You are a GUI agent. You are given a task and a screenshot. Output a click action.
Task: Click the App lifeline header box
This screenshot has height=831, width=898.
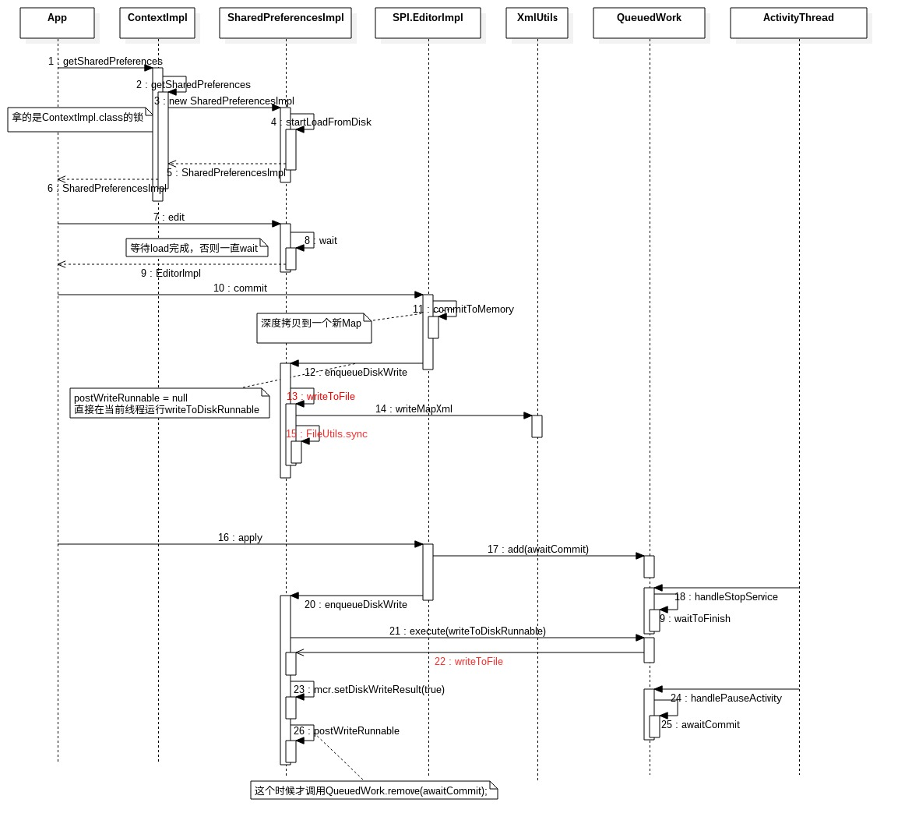58,23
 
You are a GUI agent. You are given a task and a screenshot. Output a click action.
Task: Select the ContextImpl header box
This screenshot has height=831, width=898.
157,23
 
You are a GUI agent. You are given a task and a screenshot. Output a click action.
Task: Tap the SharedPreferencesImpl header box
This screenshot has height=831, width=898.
285,23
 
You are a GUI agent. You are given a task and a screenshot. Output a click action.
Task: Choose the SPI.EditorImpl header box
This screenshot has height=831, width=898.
428,23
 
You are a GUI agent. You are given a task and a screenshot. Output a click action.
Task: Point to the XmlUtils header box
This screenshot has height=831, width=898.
537,23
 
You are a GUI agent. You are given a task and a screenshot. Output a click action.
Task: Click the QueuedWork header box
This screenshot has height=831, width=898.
649,23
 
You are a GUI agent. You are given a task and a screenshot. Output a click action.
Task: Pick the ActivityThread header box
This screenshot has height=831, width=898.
798,23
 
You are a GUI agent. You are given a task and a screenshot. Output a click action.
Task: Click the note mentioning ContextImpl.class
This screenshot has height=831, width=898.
80,119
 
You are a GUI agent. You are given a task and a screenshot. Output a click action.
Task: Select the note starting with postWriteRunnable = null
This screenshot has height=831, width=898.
170,404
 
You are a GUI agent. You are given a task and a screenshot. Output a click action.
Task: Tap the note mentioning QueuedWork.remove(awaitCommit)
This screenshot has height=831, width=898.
374,790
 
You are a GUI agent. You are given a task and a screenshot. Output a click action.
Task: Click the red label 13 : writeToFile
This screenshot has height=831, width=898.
321,397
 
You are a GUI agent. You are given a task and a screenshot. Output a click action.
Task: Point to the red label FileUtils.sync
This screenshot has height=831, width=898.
336,434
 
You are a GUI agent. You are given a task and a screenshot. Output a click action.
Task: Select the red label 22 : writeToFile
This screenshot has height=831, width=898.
469,661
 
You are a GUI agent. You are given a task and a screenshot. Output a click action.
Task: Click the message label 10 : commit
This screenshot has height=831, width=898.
240,288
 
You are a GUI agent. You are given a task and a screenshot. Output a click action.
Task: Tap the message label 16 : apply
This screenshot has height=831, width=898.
240,538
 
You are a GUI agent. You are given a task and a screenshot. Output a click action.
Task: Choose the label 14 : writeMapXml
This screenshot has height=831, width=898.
414,408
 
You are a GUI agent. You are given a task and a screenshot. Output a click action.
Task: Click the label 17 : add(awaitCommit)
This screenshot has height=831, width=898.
537,549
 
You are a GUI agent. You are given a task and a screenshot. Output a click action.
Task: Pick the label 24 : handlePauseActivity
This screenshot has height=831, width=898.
726,698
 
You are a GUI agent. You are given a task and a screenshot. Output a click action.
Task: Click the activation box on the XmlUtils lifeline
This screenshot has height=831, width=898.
537,426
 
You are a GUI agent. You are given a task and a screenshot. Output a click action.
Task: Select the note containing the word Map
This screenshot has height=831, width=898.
314,328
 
